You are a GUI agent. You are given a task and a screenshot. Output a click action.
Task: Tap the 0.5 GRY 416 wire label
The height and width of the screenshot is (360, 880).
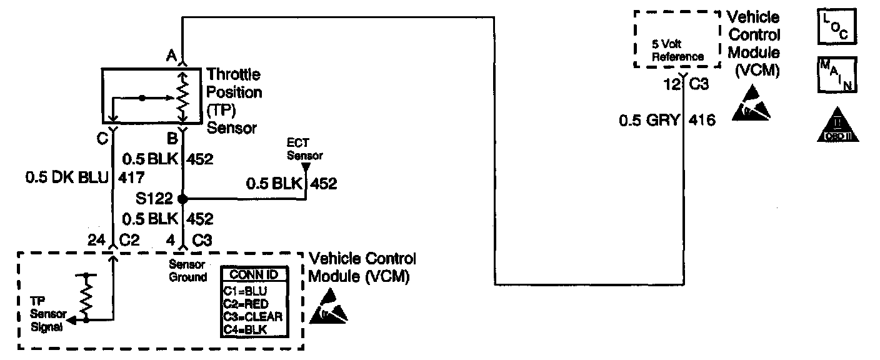point(667,120)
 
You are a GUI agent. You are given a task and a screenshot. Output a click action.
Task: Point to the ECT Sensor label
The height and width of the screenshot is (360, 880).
point(305,150)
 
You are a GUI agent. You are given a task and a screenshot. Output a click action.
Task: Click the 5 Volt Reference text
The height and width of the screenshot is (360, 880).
point(677,51)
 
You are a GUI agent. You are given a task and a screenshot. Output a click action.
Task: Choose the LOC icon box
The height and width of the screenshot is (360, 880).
point(836,27)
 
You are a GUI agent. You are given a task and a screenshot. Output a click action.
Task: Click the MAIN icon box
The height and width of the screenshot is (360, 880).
point(836,75)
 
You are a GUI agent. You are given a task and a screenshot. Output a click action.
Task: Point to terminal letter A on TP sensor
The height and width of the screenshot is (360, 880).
point(171,56)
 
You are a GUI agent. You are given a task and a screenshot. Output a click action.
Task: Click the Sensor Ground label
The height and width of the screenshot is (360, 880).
point(187,271)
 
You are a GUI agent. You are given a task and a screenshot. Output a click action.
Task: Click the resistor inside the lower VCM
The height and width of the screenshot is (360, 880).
point(87,296)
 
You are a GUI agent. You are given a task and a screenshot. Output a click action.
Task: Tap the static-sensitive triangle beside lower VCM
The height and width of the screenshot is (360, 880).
point(328,306)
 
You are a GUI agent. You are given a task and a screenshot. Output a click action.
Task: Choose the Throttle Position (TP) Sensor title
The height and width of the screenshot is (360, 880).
point(234,101)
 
